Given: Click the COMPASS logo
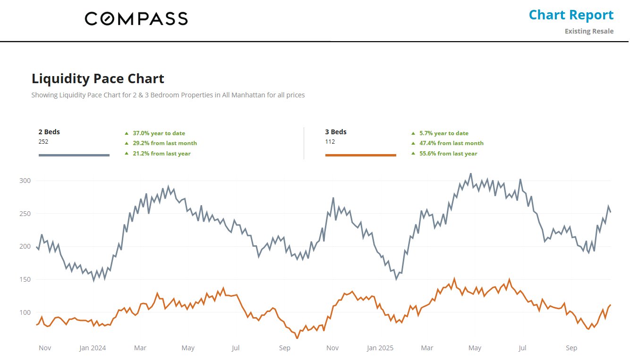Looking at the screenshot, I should click(x=136, y=18).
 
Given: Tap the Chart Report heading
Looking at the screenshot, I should click(x=571, y=15).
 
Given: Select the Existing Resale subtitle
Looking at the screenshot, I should click(x=589, y=31).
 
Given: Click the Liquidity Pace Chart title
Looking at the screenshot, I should click(x=98, y=78).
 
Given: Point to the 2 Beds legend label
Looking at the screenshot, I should click(x=49, y=132).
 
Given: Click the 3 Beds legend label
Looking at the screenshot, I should click(x=336, y=132).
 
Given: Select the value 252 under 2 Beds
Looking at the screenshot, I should click(x=43, y=141).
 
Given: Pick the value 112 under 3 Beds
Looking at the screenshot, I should click(x=330, y=141).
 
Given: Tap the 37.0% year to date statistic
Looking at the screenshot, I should click(x=159, y=133).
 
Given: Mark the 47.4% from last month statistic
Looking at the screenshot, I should click(x=451, y=143).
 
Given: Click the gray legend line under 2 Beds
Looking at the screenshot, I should click(x=74, y=155).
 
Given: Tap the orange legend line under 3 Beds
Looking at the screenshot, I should click(x=361, y=155).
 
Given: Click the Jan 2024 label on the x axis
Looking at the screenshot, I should click(x=93, y=348).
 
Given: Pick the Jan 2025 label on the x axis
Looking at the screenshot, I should click(x=380, y=348).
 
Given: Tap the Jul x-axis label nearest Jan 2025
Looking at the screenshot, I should click(x=522, y=348).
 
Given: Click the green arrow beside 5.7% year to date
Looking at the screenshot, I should click(x=413, y=133).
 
